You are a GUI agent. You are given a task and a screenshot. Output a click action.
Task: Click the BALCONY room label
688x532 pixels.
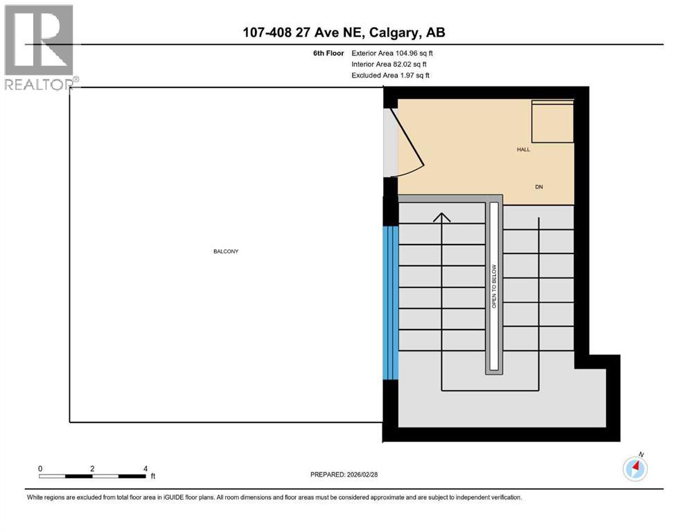coord(226,251)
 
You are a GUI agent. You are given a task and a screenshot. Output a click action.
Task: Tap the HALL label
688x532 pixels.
coord(523,150)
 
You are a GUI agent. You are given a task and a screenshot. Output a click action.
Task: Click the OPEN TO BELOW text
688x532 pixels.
coord(495,286)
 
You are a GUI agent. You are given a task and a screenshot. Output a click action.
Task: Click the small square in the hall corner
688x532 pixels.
coord(552,122)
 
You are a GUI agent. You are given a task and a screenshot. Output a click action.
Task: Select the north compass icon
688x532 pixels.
coord(635,469)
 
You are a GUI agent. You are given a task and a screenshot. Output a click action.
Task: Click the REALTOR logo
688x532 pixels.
coord(39,48)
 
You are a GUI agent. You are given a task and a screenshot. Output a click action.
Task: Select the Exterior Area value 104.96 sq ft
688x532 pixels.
coord(415,53)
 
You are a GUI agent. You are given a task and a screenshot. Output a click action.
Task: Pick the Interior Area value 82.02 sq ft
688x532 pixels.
coord(412,64)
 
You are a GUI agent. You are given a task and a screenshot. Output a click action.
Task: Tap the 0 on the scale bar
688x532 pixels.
coord(40,468)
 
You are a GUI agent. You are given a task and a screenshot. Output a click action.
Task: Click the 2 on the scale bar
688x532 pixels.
coord(92,468)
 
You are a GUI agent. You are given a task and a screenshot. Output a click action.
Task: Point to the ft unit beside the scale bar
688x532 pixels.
coord(153,477)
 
